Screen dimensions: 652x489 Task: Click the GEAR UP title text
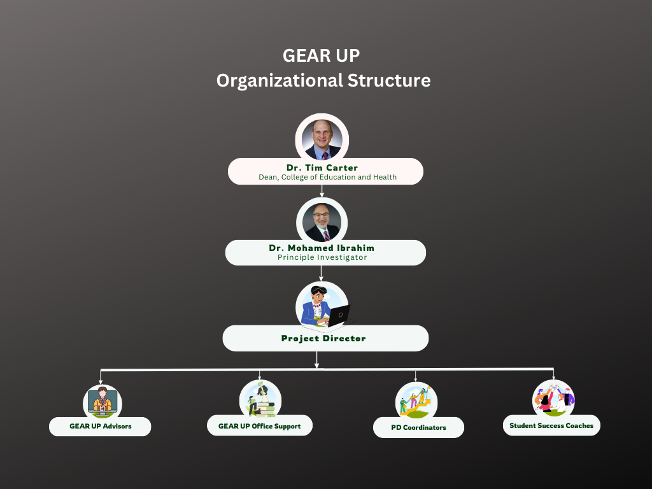[x=321, y=56]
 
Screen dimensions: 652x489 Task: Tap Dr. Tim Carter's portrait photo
[x=322, y=139]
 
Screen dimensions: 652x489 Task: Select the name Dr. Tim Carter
[x=322, y=167]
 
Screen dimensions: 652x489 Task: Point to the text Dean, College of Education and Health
[x=327, y=177]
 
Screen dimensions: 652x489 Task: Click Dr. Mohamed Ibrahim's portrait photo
[x=322, y=222]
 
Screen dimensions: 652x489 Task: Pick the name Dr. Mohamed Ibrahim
[x=322, y=248]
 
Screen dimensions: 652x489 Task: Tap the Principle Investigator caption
[x=322, y=257]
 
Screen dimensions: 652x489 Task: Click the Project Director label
[x=323, y=339]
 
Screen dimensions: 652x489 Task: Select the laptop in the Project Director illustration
[x=339, y=316]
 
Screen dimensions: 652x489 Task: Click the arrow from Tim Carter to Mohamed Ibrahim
[x=322, y=191]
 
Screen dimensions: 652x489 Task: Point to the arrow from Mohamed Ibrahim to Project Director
[x=321, y=273]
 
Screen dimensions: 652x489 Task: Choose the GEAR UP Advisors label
[x=100, y=426]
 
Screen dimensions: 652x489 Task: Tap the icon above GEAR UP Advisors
[x=103, y=402]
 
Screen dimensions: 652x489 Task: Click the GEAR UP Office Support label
[x=260, y=426]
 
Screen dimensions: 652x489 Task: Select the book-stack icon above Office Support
[x=260, y=399]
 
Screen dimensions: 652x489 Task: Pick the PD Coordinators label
[x=418, y=427]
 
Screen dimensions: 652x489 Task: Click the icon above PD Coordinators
[x=416, y=402]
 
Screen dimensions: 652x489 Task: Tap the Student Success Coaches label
[x=551, y=425]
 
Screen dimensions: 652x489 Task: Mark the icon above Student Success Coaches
[x=553, y=399]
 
